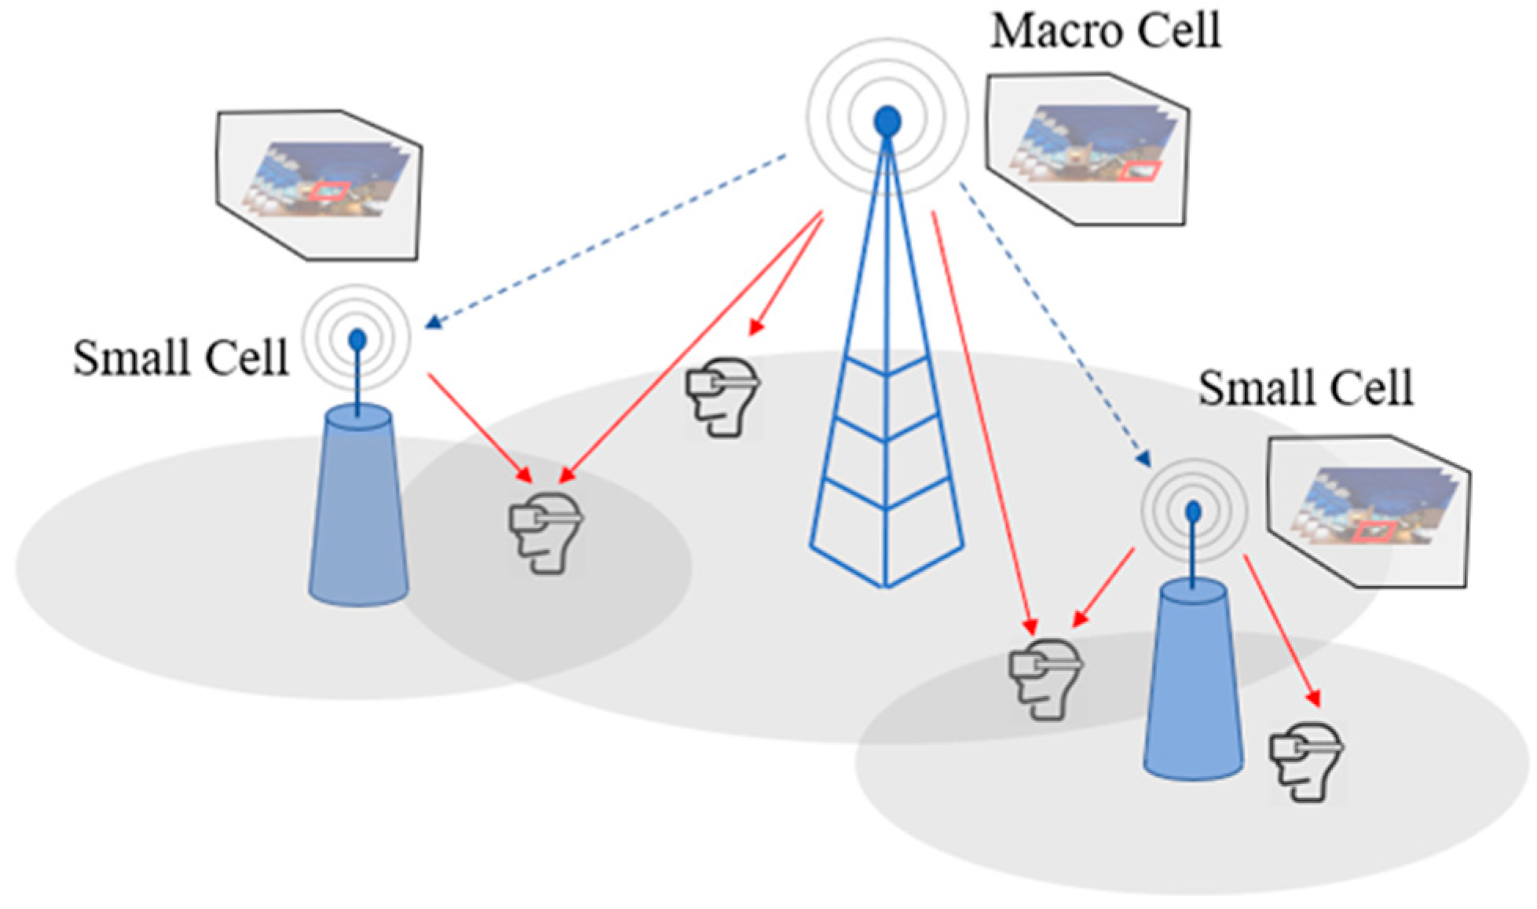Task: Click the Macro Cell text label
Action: pyautogui.click(x=1105, y=31)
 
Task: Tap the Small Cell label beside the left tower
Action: pyautogui.click(x=181, y=358)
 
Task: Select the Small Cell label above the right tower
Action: pyautogui.click(x=1305, y=387)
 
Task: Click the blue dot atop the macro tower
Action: pyautogui.click(x=887, y=122)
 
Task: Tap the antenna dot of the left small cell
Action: pyautogui.click(x=357, y=339)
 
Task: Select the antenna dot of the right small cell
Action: pyautogui.click(x=1193, y=512)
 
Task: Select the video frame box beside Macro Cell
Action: pyautogui.click(x=1088, y=149)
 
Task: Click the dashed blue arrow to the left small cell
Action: pyautogui.click(x=605, y=240)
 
